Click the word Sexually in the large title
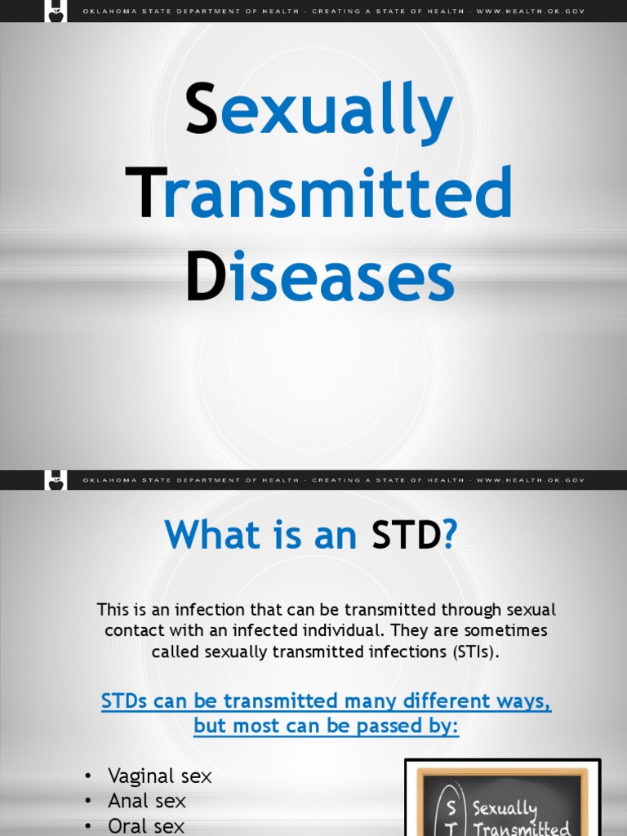pos(319,112)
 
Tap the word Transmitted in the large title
pos(319,193)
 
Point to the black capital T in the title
pos(145,193)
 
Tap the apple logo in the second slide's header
pos(56,481)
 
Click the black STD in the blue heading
pos(406,536)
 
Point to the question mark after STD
pos(450,536)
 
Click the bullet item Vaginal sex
pos(159,776)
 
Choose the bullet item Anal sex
pos(147,802)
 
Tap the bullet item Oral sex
pos(146,826)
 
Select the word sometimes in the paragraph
pos(509,631)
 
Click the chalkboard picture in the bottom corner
pos(502,800)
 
